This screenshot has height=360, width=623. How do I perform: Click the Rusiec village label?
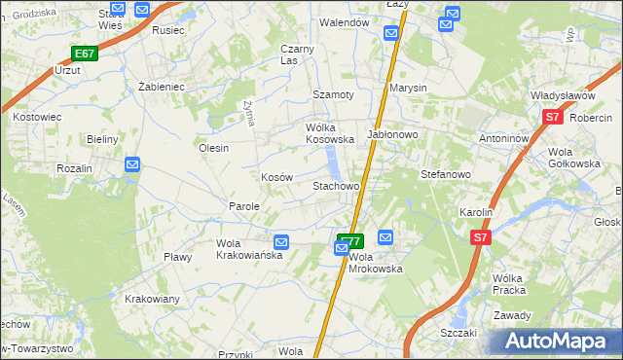tap(168, 29)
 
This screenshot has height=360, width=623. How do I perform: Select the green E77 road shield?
tap(350, 240)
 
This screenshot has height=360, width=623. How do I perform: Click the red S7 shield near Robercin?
tap(552, 118)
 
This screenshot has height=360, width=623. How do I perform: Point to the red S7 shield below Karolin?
tap(480, 236)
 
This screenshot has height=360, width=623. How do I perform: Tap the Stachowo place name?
tap(336, 185)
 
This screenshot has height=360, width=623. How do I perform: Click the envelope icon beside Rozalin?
tap(133, 165)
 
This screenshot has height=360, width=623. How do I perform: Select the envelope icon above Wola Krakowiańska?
tap(280, 241)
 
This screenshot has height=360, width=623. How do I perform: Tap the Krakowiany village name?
tap(152, 299)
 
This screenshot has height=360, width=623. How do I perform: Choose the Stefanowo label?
tap(445, 175)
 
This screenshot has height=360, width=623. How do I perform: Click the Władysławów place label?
tap(563, 95)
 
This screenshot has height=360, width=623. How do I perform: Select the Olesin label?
tap(213, 148)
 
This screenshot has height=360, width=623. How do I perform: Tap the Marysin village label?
tap(408, 88)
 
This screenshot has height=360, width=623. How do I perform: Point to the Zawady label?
tap(512, 315)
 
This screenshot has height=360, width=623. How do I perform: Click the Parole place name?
tap(243, 206)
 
